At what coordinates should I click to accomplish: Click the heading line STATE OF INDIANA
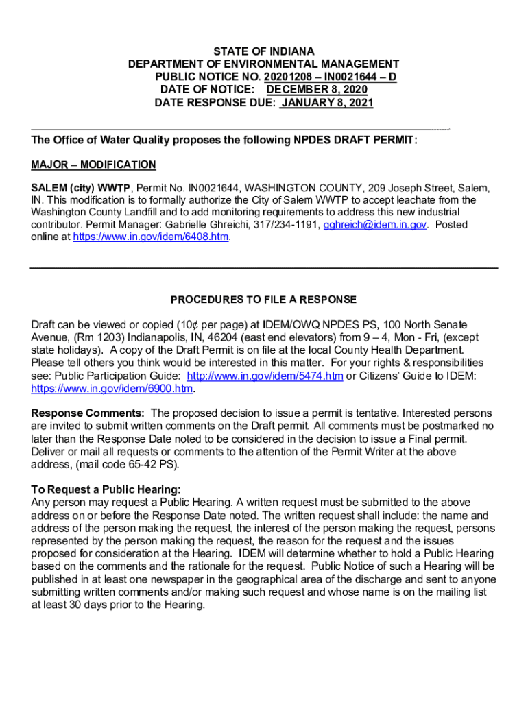coord(263,51)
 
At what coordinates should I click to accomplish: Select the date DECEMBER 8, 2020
coord(317,90)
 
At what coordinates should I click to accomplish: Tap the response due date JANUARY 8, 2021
coord(326,103)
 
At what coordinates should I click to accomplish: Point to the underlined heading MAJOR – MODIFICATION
coord(93,165)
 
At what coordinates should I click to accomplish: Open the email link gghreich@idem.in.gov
coord(375,225)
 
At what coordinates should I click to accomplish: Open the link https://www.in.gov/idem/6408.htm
coord(151,237)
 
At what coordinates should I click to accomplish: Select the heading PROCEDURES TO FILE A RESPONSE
coord(263,300)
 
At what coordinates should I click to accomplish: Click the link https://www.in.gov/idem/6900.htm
coord(112,388)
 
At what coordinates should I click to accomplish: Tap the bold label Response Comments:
coord(88,413)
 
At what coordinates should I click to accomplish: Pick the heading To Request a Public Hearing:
coord(106,489)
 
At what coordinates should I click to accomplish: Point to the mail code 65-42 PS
coord(156,464)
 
